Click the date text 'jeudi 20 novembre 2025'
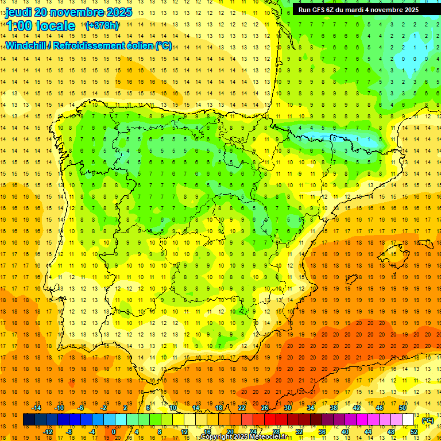(x=69, y=12)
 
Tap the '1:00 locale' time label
(x=40, y=26)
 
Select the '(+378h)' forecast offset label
(x=102, y=26)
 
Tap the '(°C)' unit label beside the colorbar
(x=427, y=420)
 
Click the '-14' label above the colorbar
(x=37, y=408)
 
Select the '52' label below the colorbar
(x=413, y=432)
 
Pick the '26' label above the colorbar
(x=265, y=408)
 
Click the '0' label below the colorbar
(x=114, y=432)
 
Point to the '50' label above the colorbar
(x=402, y=408)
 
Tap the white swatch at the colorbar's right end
(x=408, y=420)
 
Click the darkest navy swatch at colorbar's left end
(x=29, y=420)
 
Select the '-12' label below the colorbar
(x=48, y=432)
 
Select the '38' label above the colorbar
(x=334, y=408)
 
